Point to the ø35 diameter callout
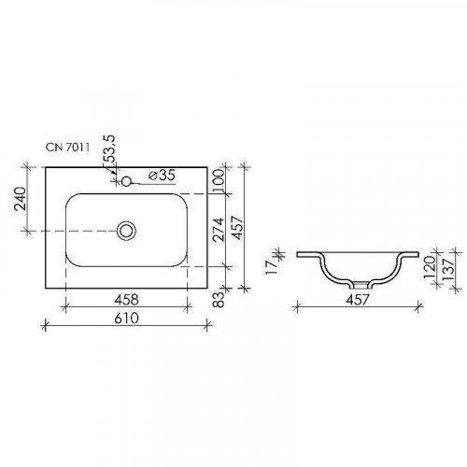coord(163,175)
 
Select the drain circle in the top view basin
coord(126,229)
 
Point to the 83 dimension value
coord(219,301)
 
